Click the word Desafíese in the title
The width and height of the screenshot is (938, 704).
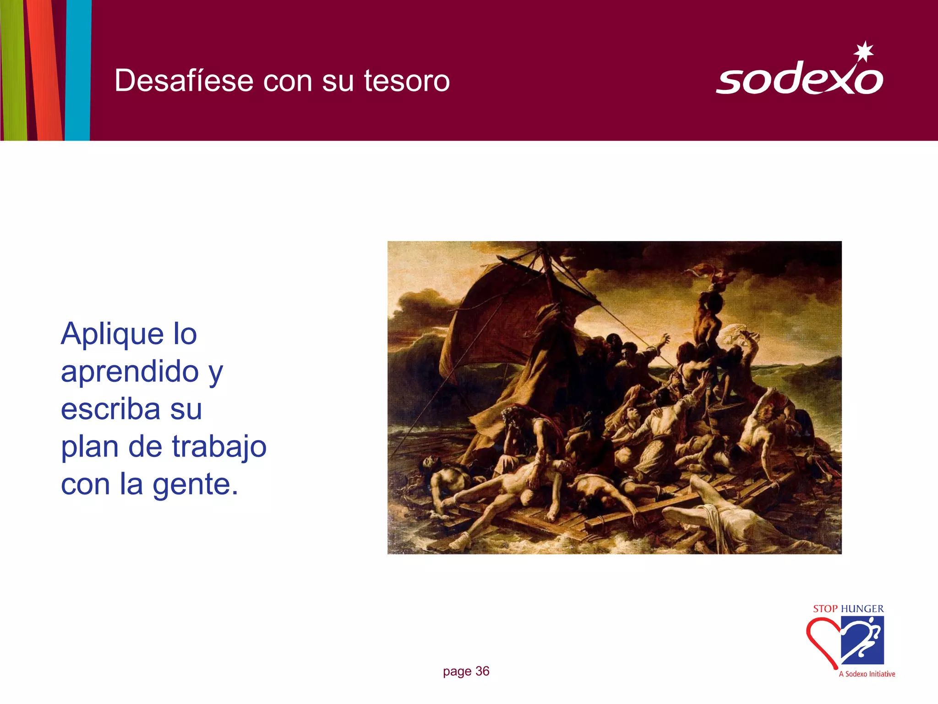184,81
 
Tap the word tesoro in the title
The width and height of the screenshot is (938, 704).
407,81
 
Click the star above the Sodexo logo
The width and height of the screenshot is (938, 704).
864,51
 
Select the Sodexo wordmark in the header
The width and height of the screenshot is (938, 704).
799,79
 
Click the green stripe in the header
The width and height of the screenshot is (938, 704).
14,69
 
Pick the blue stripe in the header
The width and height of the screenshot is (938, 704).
78,69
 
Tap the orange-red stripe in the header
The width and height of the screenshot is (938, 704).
45,69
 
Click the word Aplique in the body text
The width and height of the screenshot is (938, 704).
112,335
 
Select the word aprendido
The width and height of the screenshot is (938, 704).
130,371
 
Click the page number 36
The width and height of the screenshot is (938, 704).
482,671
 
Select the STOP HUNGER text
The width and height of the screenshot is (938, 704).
848,609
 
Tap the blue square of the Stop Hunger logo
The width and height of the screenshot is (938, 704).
863,639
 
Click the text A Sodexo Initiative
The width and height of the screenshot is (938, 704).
867,674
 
